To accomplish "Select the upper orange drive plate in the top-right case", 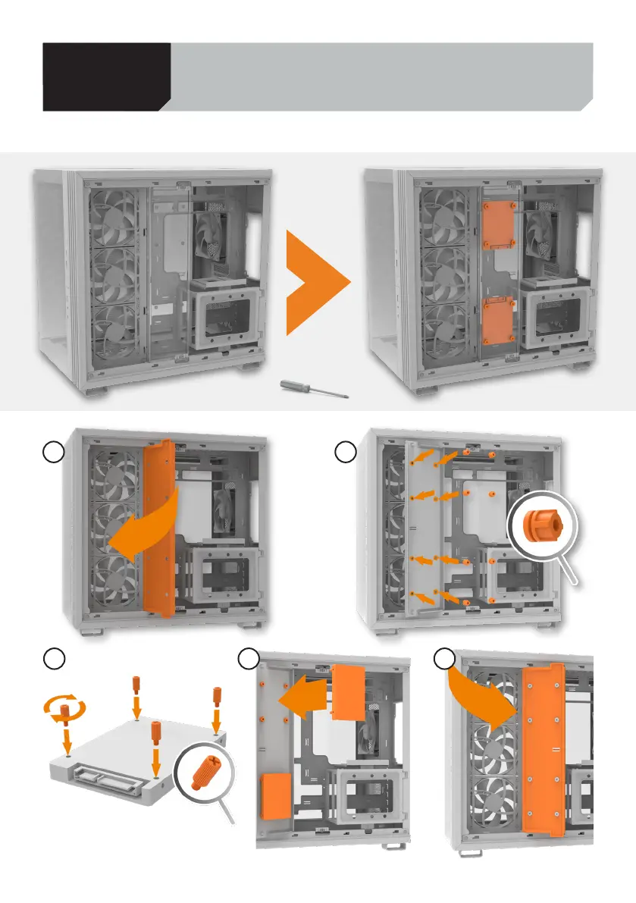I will pos(498,224).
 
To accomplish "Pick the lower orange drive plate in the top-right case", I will pos(498,321).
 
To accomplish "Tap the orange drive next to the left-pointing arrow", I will pos(349,692).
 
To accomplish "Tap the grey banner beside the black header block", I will pos(379,77).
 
